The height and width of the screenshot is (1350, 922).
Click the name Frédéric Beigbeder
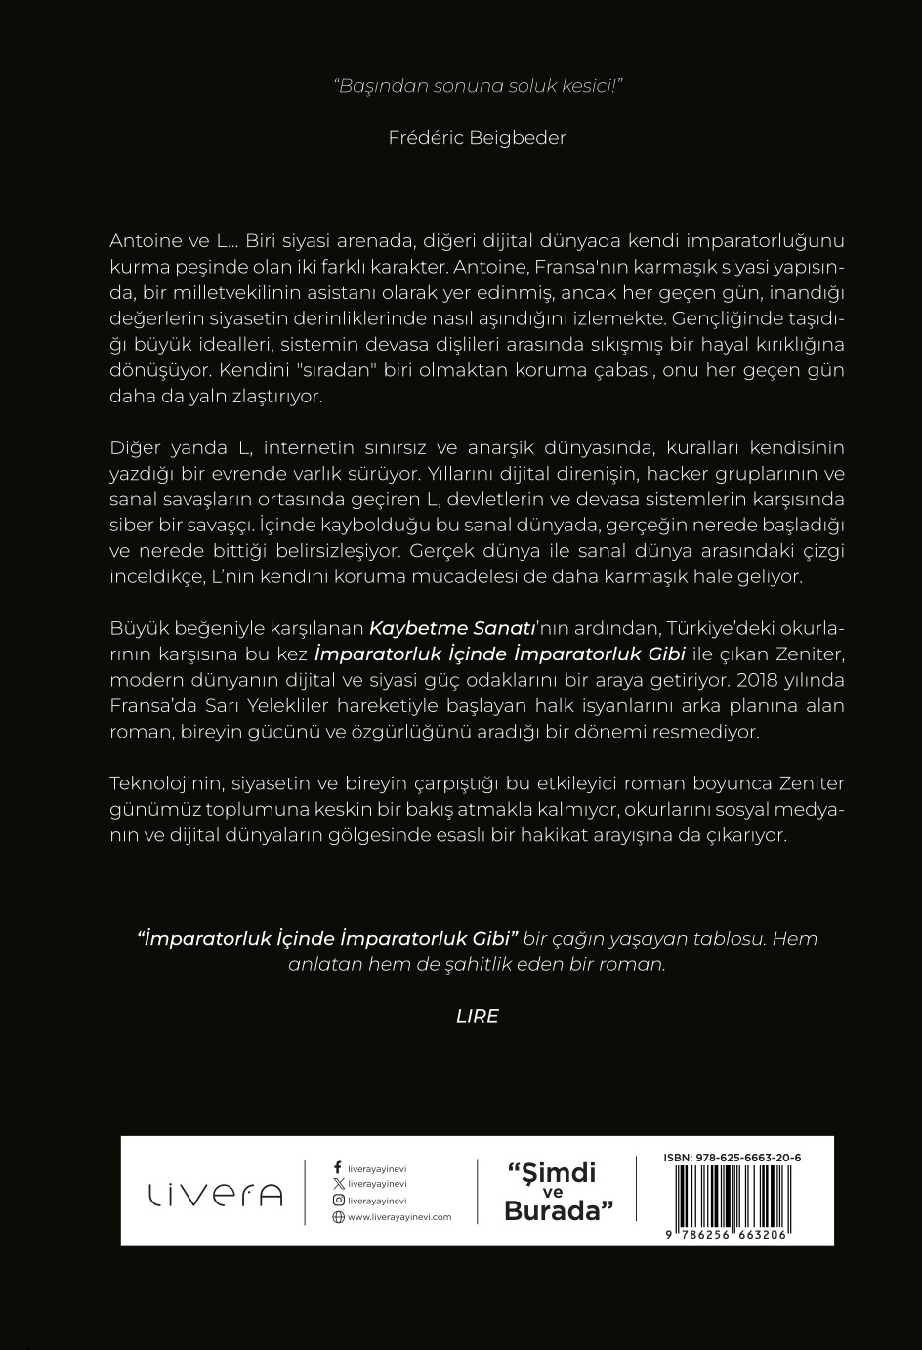point(477,138)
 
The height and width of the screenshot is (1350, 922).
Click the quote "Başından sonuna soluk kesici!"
point(478,85)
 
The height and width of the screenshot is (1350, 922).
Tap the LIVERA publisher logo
point(215,1194)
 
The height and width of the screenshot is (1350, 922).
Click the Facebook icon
point(338,1167)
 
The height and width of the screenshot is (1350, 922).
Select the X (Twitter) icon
point(338,1184)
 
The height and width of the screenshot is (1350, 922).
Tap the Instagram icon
point(338,1201)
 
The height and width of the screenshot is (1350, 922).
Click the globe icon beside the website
point(338,1217)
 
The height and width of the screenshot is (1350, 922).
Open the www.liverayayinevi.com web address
point(399,1217)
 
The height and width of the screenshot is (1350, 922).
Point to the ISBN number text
point(732,1158)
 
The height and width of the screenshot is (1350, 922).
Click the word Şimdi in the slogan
point(553,1172)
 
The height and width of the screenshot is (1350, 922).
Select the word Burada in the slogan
point(551,1211)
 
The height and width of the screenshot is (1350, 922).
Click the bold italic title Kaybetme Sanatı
point(430,627)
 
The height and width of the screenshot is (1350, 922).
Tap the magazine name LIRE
point(478,1016)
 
